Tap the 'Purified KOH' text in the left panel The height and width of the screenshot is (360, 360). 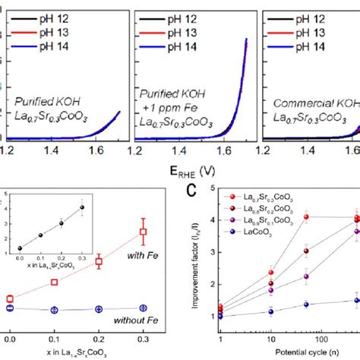point(46,100)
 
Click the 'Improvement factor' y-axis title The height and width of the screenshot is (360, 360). point(195,254)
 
